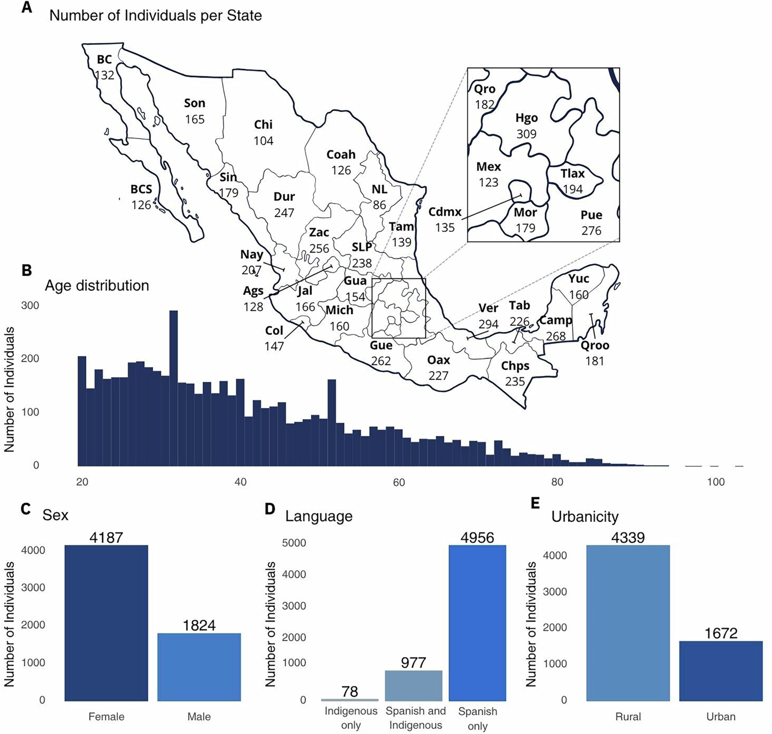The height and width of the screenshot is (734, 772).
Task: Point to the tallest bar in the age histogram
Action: tap(173, 387)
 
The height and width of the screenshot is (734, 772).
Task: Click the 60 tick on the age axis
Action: tap(399, 482)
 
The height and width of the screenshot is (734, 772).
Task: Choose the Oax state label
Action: tap(438, 360)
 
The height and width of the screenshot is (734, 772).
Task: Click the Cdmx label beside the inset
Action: tap(445, 212)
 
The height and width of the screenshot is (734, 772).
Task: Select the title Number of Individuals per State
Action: tap(155, 16)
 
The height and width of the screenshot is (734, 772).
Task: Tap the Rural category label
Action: tap(628, 716)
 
